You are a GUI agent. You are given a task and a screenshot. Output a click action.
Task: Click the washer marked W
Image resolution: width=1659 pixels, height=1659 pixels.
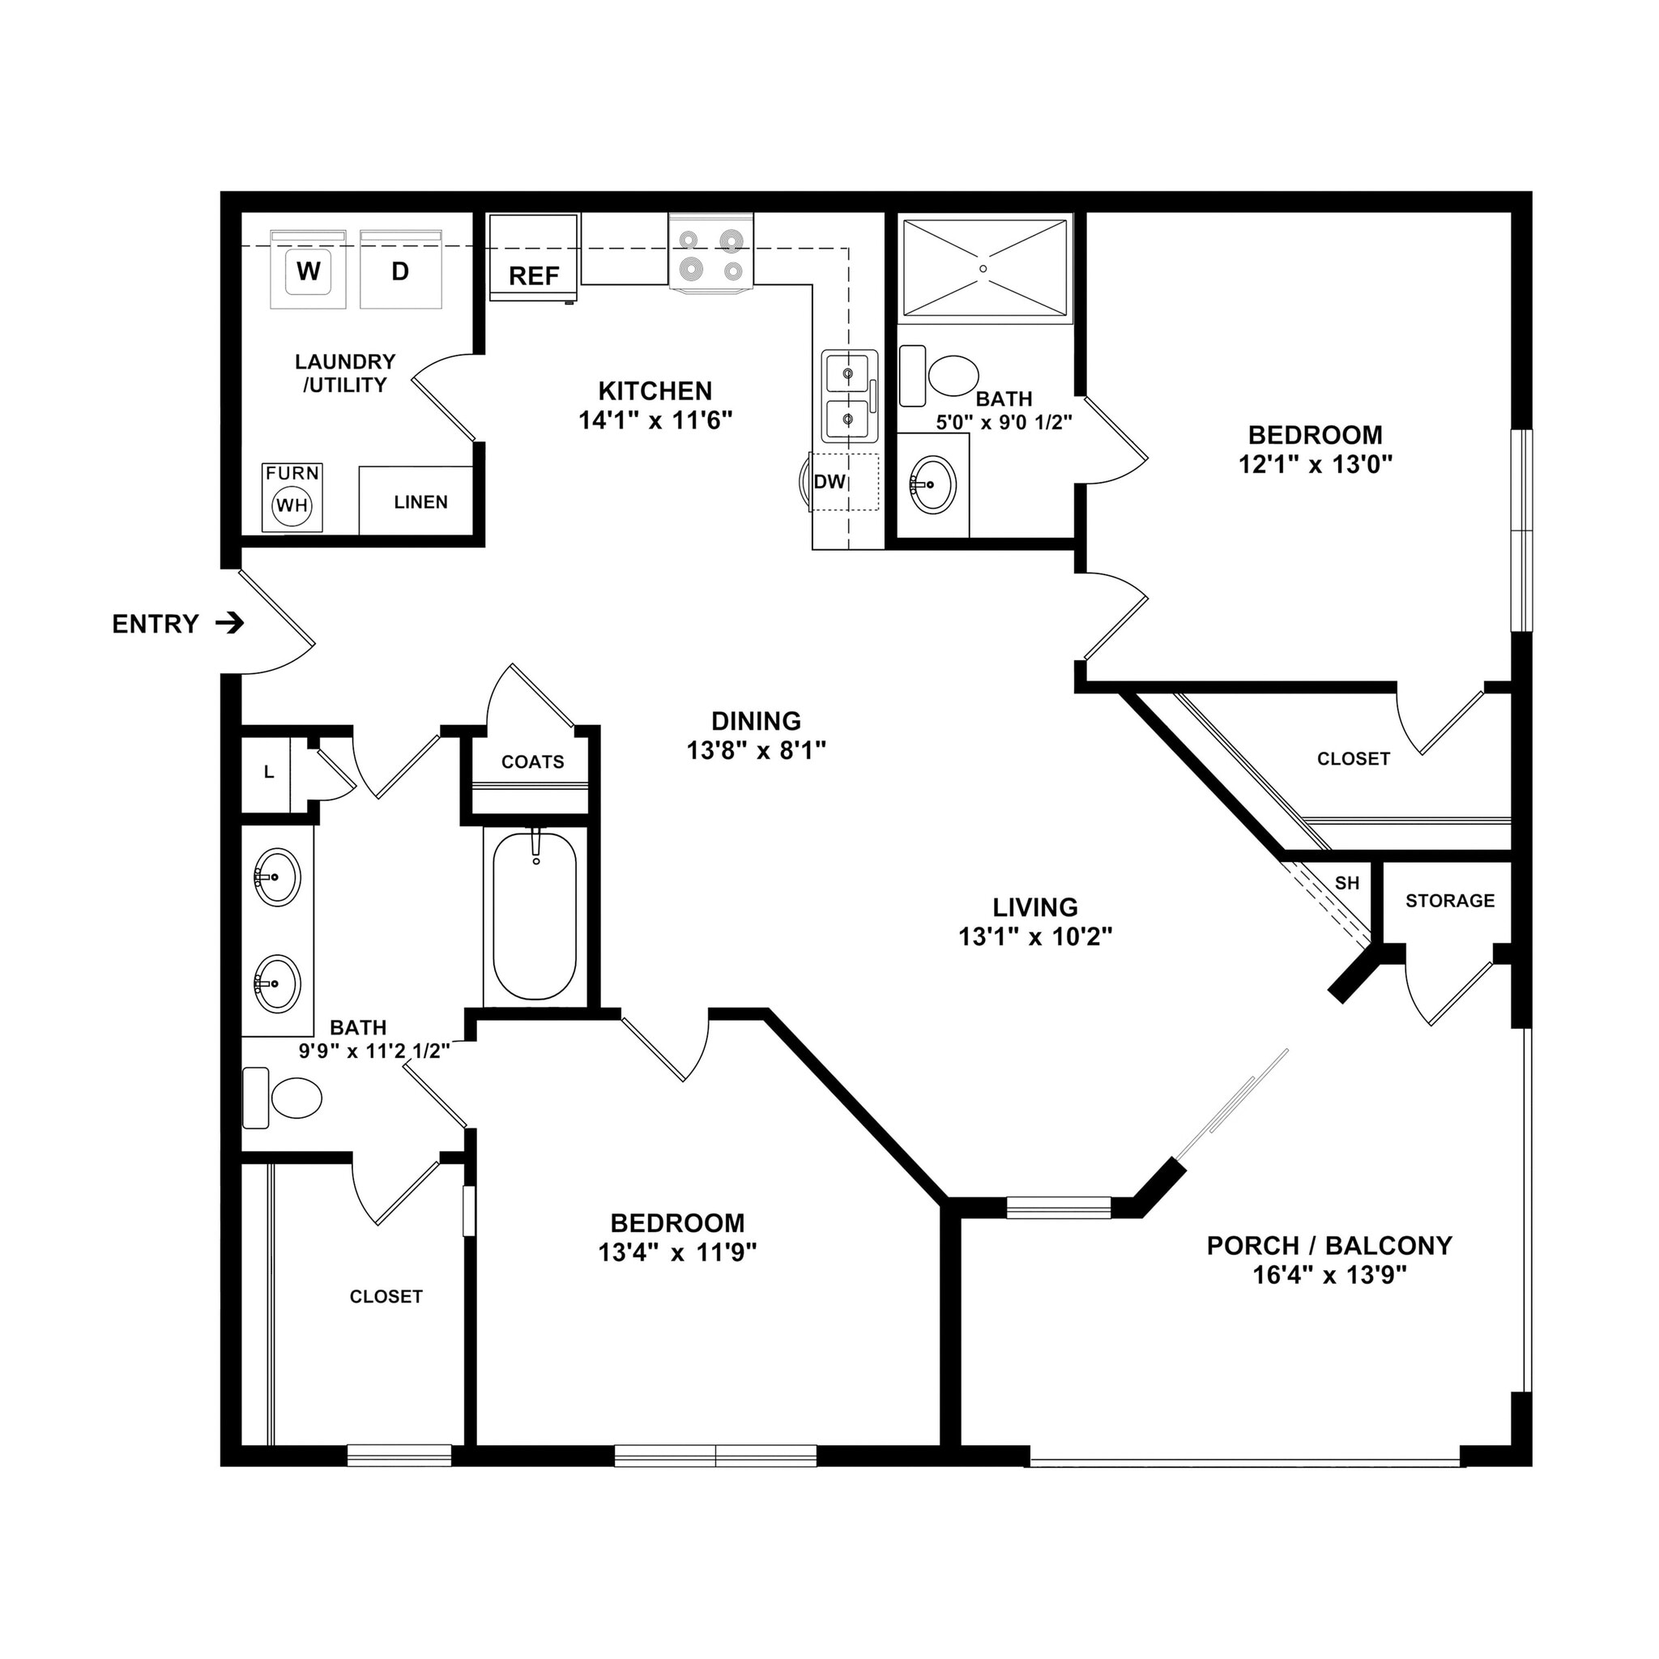[x=309, y=271]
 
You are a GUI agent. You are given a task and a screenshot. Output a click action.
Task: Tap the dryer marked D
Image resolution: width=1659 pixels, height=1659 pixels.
[x=400, y=271]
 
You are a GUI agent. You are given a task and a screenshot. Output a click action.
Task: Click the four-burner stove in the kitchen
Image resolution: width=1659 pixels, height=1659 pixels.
[x=711, y=256]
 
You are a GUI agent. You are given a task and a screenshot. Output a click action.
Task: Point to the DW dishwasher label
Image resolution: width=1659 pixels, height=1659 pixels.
[x=829, y=482]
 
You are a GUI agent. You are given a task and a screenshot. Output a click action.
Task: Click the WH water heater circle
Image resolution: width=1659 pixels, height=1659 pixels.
[x=292, y=505]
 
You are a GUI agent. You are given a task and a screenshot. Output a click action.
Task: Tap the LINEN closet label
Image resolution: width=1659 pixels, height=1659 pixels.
[x=420, y=502]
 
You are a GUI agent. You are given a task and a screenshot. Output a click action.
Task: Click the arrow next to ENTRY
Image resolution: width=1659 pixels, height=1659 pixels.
[x=229, y=624]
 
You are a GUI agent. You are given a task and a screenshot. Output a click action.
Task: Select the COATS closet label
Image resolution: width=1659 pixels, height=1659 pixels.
[x=533, y=761]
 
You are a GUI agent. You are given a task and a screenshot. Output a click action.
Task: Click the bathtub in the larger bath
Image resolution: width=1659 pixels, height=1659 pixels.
[x=534, y=916]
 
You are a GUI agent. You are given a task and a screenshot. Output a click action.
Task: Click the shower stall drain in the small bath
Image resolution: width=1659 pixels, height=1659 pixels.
[x=983, y=269]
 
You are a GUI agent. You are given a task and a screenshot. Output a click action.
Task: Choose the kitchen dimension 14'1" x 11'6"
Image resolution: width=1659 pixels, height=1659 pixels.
[x=655, y=420]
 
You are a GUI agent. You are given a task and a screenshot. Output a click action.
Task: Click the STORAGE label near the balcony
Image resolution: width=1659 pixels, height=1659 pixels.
[x=1450, y=901]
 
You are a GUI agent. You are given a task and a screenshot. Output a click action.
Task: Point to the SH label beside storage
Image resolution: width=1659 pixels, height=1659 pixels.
[x=1347, y=883]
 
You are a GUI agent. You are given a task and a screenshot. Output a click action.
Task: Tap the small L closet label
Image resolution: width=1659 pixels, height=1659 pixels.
[x=269, y=772]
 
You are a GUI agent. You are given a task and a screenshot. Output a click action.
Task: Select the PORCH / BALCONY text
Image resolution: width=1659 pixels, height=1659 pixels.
[x=1329, y=1245]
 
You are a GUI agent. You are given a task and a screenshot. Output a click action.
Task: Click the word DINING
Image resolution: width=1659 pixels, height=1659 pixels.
[x=756, y=720]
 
